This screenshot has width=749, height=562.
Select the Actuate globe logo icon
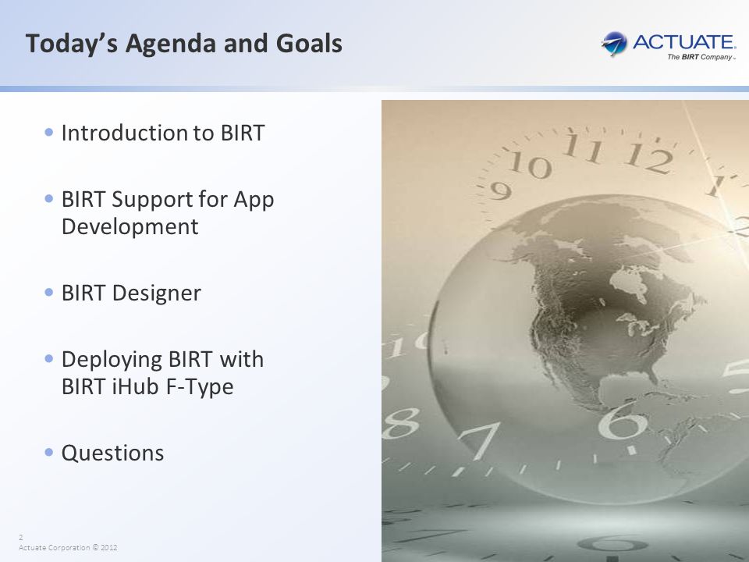tap(614, 44)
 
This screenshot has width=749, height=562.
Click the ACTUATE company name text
tap(684, 42)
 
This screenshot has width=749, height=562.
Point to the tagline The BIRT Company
tap(701, 57)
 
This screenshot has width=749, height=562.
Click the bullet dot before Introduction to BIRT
tap(48, 132)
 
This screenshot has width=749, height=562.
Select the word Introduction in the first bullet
tap(125, 133)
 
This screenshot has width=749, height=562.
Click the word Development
tap(130, 227)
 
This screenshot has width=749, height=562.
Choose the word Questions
tap(112, 454)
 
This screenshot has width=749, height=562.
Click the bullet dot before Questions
tap(48, 452)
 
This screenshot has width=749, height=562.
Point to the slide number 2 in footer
tap(20, 537)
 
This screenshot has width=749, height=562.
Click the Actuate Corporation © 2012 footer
tap(68, 548)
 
